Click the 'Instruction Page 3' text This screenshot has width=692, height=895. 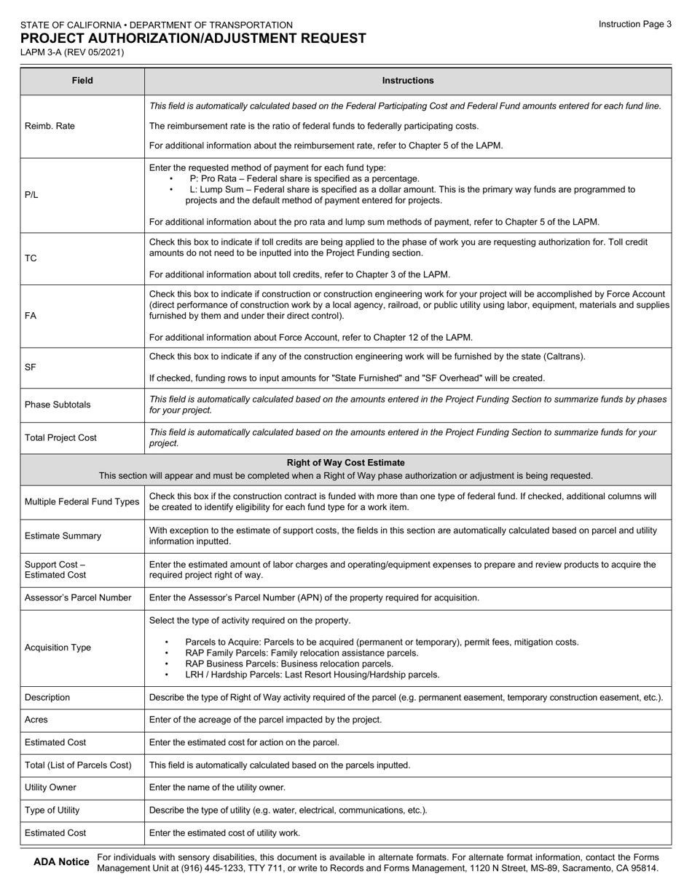[x=634, y=24]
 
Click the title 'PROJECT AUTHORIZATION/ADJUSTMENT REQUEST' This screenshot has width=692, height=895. [x=193, y=39]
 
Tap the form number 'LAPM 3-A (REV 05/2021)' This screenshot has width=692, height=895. [x=72, y=52]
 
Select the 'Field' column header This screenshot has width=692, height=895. [x=82, y=81]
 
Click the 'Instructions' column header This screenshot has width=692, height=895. [x=408, y=81]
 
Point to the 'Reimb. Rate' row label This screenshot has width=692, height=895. [x=50, y=126]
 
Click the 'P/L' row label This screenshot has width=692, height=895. [x=31, y=195]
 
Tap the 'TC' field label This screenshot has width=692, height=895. [x=31, y=258]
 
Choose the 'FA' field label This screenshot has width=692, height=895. [x=31, y=316]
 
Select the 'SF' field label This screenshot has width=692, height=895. [x=31, y=367]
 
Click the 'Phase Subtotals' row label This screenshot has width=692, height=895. [x=58, y=405]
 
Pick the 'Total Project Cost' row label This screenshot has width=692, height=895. [x=61, y=438]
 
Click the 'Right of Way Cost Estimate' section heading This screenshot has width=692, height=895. [x=346, y=463]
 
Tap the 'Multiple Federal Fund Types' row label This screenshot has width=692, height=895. [x=82, y=502]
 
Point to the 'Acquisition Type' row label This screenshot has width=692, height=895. [x=58, y=648]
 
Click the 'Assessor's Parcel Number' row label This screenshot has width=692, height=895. [x=78, y=598]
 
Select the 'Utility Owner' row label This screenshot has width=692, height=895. [x=50, y=787]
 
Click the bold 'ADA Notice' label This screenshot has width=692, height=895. [x=62, y=862]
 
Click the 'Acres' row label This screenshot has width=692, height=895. [x=37, y=720]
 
